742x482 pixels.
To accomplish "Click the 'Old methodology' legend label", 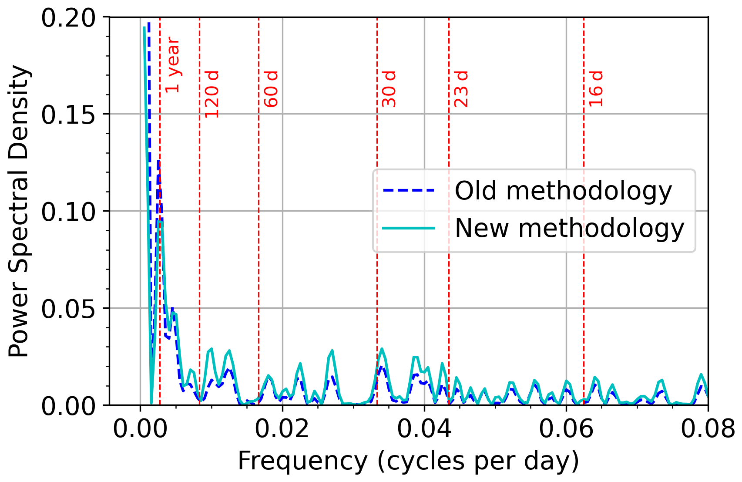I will coord(563,191).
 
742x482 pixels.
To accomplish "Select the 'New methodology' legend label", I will coord(569,228).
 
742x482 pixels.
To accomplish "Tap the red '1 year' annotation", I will coord(173,65).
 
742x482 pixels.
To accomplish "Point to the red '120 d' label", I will coord(212,94).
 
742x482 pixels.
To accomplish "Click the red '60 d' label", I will coord(271,89).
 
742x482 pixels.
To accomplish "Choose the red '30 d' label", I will coord(389,89).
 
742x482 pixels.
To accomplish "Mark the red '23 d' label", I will coord(461,89).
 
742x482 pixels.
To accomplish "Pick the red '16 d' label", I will coord(596,89).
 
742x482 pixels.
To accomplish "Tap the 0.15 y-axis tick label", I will coord(68,115).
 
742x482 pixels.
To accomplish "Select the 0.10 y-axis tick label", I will coord(68,212).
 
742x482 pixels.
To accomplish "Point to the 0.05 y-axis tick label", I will coord(68,309).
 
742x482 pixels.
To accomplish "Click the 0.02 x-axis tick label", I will coord(282,429).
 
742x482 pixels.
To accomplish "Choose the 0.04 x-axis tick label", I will coord(424,429).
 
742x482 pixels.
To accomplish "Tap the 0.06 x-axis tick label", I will coord(566,429).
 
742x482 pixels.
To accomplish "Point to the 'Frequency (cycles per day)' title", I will coord(408,462).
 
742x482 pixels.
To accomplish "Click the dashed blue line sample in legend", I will coord(409,190).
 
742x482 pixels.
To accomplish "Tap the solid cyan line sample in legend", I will coord(409,228).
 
